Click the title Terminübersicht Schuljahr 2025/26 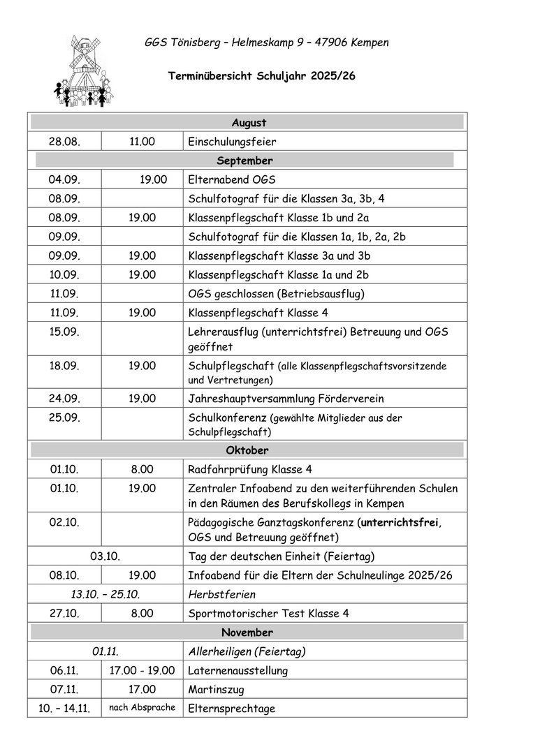pos(262,76)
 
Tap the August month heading pos(249,123)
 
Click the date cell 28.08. pos(64,142)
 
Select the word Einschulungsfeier pos(232,142)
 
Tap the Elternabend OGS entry pos(232,179)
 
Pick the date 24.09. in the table pos(64,399)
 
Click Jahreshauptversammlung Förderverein pos(286,399)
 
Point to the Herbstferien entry pos(222,594)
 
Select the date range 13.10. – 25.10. pos(105,594)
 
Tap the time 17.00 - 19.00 pos(142,670)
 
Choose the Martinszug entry pos(213,689)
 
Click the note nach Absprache pos(142,707)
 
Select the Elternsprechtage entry pos(232,709)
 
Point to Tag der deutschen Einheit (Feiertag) pos(282,556)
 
